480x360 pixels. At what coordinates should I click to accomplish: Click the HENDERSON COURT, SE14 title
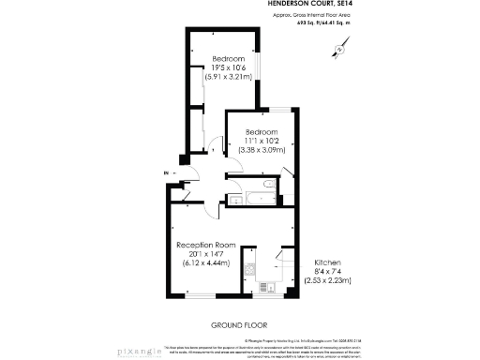[301, 5]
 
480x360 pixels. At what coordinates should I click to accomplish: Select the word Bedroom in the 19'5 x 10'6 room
[228, 59]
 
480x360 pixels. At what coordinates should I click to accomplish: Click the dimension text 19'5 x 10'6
[228, 67]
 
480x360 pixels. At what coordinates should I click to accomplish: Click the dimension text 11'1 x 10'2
[262, 141]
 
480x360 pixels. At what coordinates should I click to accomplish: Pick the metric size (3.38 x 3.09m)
[262, 149]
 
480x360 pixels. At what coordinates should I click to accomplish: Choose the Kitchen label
[328, 262]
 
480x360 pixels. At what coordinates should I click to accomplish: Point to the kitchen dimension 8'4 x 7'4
[328, 271]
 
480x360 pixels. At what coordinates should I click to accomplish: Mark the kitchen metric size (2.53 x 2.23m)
[328, 279]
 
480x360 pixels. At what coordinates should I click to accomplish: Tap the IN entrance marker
[164, 173]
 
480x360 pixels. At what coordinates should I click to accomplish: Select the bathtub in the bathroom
[256, 198]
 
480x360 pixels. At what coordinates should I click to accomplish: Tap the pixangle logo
[137, 352]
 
